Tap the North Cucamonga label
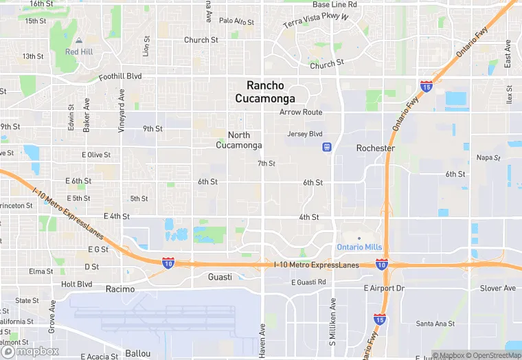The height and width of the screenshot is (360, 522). pos(239,140)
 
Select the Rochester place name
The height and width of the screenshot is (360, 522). pos(375,148)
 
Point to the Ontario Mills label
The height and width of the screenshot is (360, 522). pos(359,247)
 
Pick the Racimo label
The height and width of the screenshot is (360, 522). pos(121,289)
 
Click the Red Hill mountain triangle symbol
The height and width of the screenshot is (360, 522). pos(78,41)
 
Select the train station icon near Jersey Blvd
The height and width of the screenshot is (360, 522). pos(328,146)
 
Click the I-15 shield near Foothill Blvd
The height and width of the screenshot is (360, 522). pos(426,87)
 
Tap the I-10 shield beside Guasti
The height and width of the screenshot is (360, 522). pos(168,262)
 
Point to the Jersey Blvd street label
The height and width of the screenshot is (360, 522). pos(304,134)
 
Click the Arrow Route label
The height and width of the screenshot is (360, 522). pos(301,112)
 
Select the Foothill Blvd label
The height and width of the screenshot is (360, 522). pos(120,77)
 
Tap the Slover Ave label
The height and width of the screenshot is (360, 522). pos(497,288)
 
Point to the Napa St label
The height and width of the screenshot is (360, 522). pos(488,157)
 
